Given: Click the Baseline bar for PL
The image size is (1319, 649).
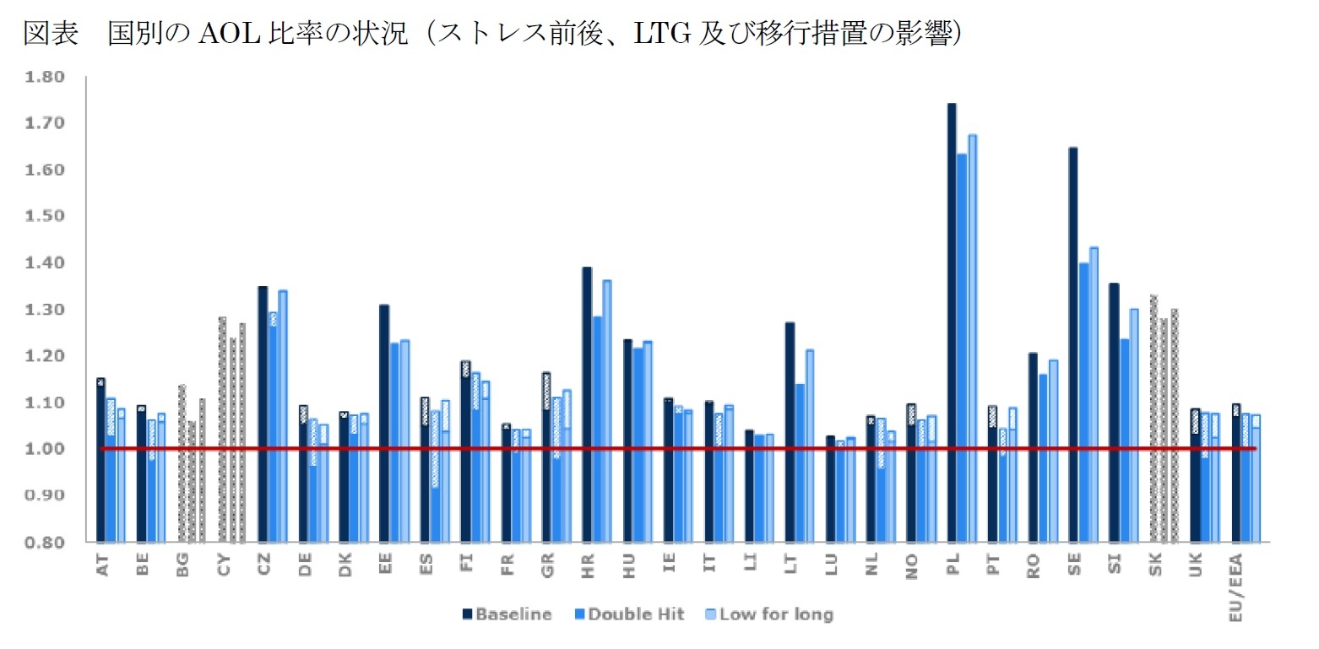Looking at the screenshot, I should coord(952,321).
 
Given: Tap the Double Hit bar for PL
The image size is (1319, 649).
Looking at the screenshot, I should coord(962,346).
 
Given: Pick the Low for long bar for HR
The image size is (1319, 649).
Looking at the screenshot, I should coord(606,409).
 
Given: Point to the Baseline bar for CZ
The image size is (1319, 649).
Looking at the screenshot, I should coord(262,414).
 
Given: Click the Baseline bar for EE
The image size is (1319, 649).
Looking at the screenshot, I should coord(384,422).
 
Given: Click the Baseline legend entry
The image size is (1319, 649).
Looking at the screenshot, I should coord(506,614).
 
